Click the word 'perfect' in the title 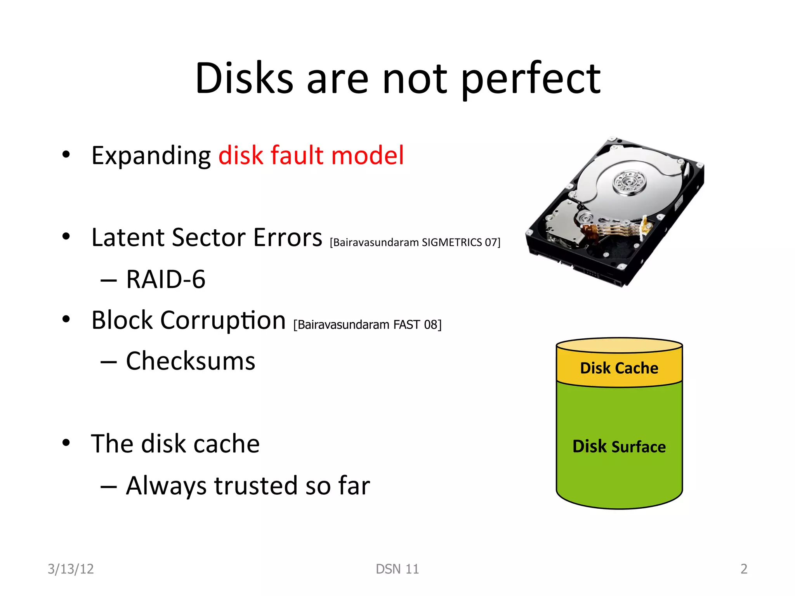coord(531,80)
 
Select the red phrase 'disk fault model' coord(311,155)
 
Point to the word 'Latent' coord(127,237)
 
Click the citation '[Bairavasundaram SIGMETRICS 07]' coord(415,243)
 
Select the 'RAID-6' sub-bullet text coord(166,279)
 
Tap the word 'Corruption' coord(223,321)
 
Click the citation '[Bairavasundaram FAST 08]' coord(367,324)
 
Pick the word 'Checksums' coord(191,361)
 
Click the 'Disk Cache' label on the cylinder coord(619,368)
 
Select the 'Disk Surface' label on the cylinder coord(619,447)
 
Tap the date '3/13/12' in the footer coord(71,569)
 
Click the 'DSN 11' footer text coord(397,569)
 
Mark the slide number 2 coord(743,569)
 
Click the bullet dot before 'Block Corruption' coord(66,319)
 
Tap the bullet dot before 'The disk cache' coord(66,442)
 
